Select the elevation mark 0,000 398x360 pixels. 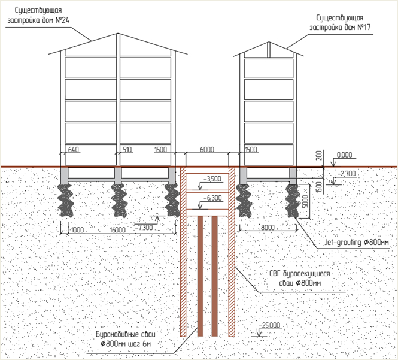tap(345, 155)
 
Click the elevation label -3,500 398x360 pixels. tap(212, 179)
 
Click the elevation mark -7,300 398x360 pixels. tap(144, 227)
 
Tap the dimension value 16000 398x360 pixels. tap(117, 229)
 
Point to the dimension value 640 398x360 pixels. tap(74, 149)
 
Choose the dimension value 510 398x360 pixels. tap(127, 149)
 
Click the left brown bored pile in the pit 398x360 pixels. tap(200, 276)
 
